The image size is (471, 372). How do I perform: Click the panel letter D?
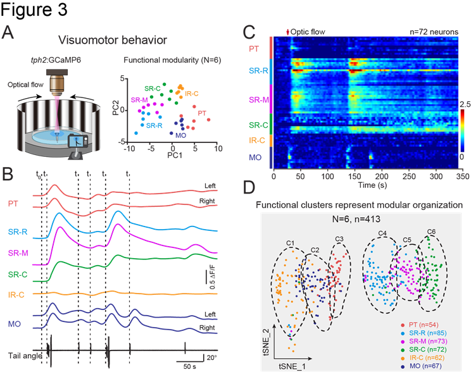251,189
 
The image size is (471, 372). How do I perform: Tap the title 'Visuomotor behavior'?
113,40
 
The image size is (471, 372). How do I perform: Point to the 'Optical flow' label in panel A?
21,84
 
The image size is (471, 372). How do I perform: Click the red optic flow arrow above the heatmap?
289,30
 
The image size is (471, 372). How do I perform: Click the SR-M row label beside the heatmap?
258,100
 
